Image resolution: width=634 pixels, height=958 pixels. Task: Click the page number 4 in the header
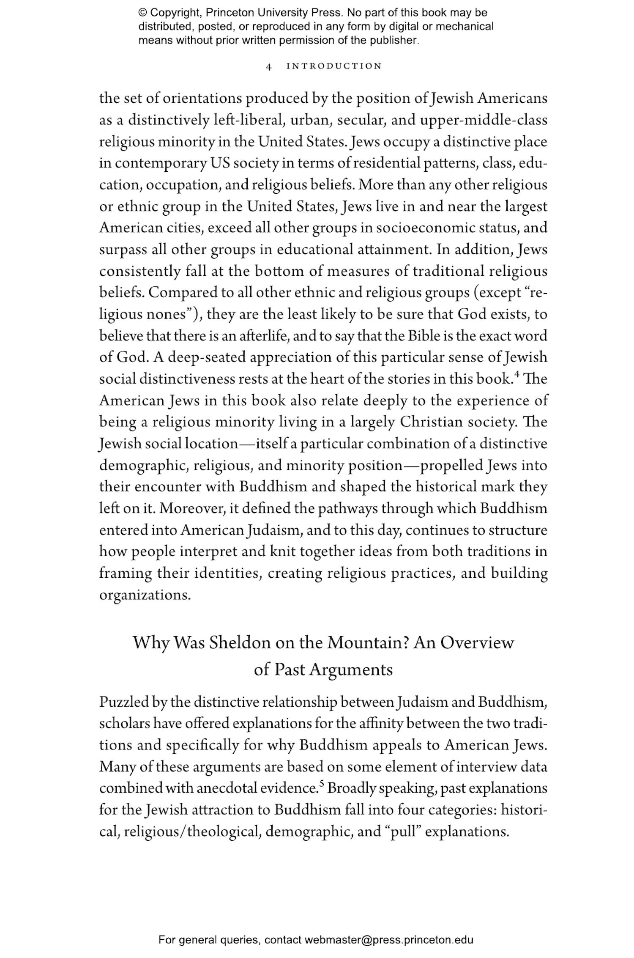pyautogui.click(x=269, y=66)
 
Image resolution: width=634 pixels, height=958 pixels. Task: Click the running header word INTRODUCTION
pyautogui.click(x=334, y=66)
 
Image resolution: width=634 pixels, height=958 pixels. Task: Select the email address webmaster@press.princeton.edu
pyautogui.click(x=388, y=940)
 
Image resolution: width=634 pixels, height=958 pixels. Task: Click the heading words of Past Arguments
pyautogui.click(x=323, y=670)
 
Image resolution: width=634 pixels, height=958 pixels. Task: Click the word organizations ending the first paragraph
pyautogui.click(x=145, y=595)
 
